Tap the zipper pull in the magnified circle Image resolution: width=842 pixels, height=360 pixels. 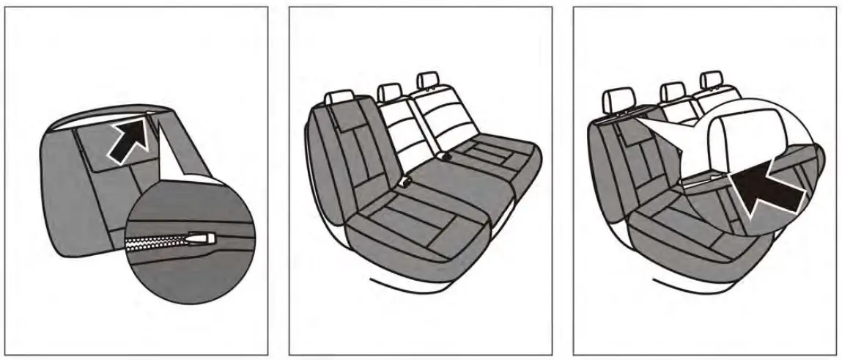pyautogui.click(x=199, y=238)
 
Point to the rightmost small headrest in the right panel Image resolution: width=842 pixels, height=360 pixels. pyautogui.click(x=709, y=81)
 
